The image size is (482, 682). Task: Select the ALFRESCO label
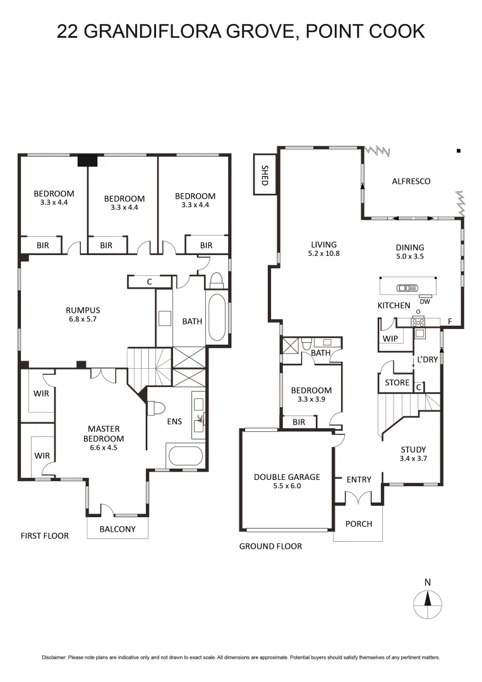pos(411,181)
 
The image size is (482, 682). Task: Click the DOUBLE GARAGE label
pos(287,477)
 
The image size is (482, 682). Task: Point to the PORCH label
pos(359,523)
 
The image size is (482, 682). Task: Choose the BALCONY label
pos(117,529)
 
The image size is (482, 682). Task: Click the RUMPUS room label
pos(83,310)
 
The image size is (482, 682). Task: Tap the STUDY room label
pos(414,450)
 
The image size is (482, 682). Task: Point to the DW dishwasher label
pos(425,301)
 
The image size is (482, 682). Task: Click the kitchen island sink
pos(402,288)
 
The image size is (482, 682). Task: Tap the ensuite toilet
pos(153,409)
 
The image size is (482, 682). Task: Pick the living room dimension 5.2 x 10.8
pos(323,254)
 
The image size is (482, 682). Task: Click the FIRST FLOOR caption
pos(44,535)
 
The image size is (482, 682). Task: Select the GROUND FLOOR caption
pos(270,546)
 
